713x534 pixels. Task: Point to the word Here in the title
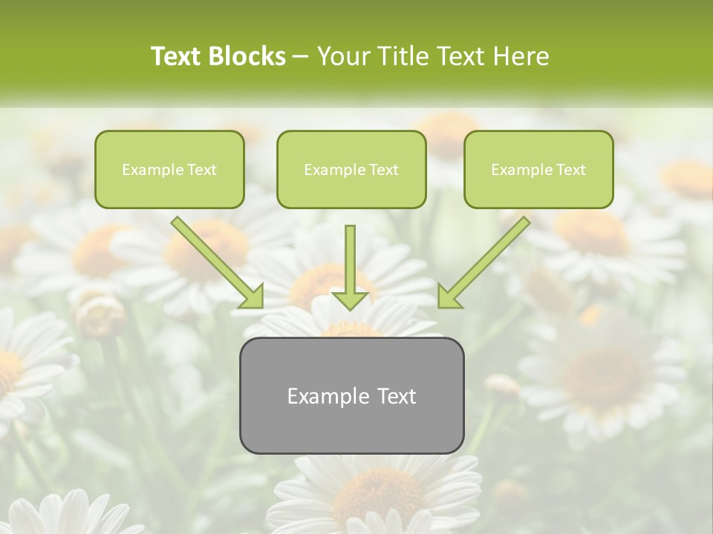[x=521, y=56]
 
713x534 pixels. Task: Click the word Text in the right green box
[x=571, y=170]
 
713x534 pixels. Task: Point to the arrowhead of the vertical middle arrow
[x=351, y=300]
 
